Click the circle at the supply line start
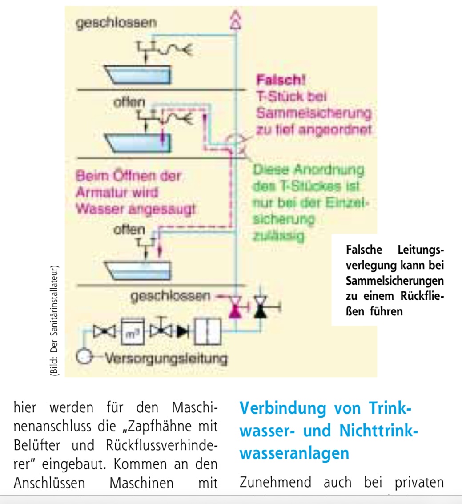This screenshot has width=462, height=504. (x=83, y=356)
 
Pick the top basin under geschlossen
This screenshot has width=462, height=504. (x=138, y=74)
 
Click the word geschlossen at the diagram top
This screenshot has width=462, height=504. (x=116, y=22)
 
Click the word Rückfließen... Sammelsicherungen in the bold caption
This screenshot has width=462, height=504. (x=394, y=281)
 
